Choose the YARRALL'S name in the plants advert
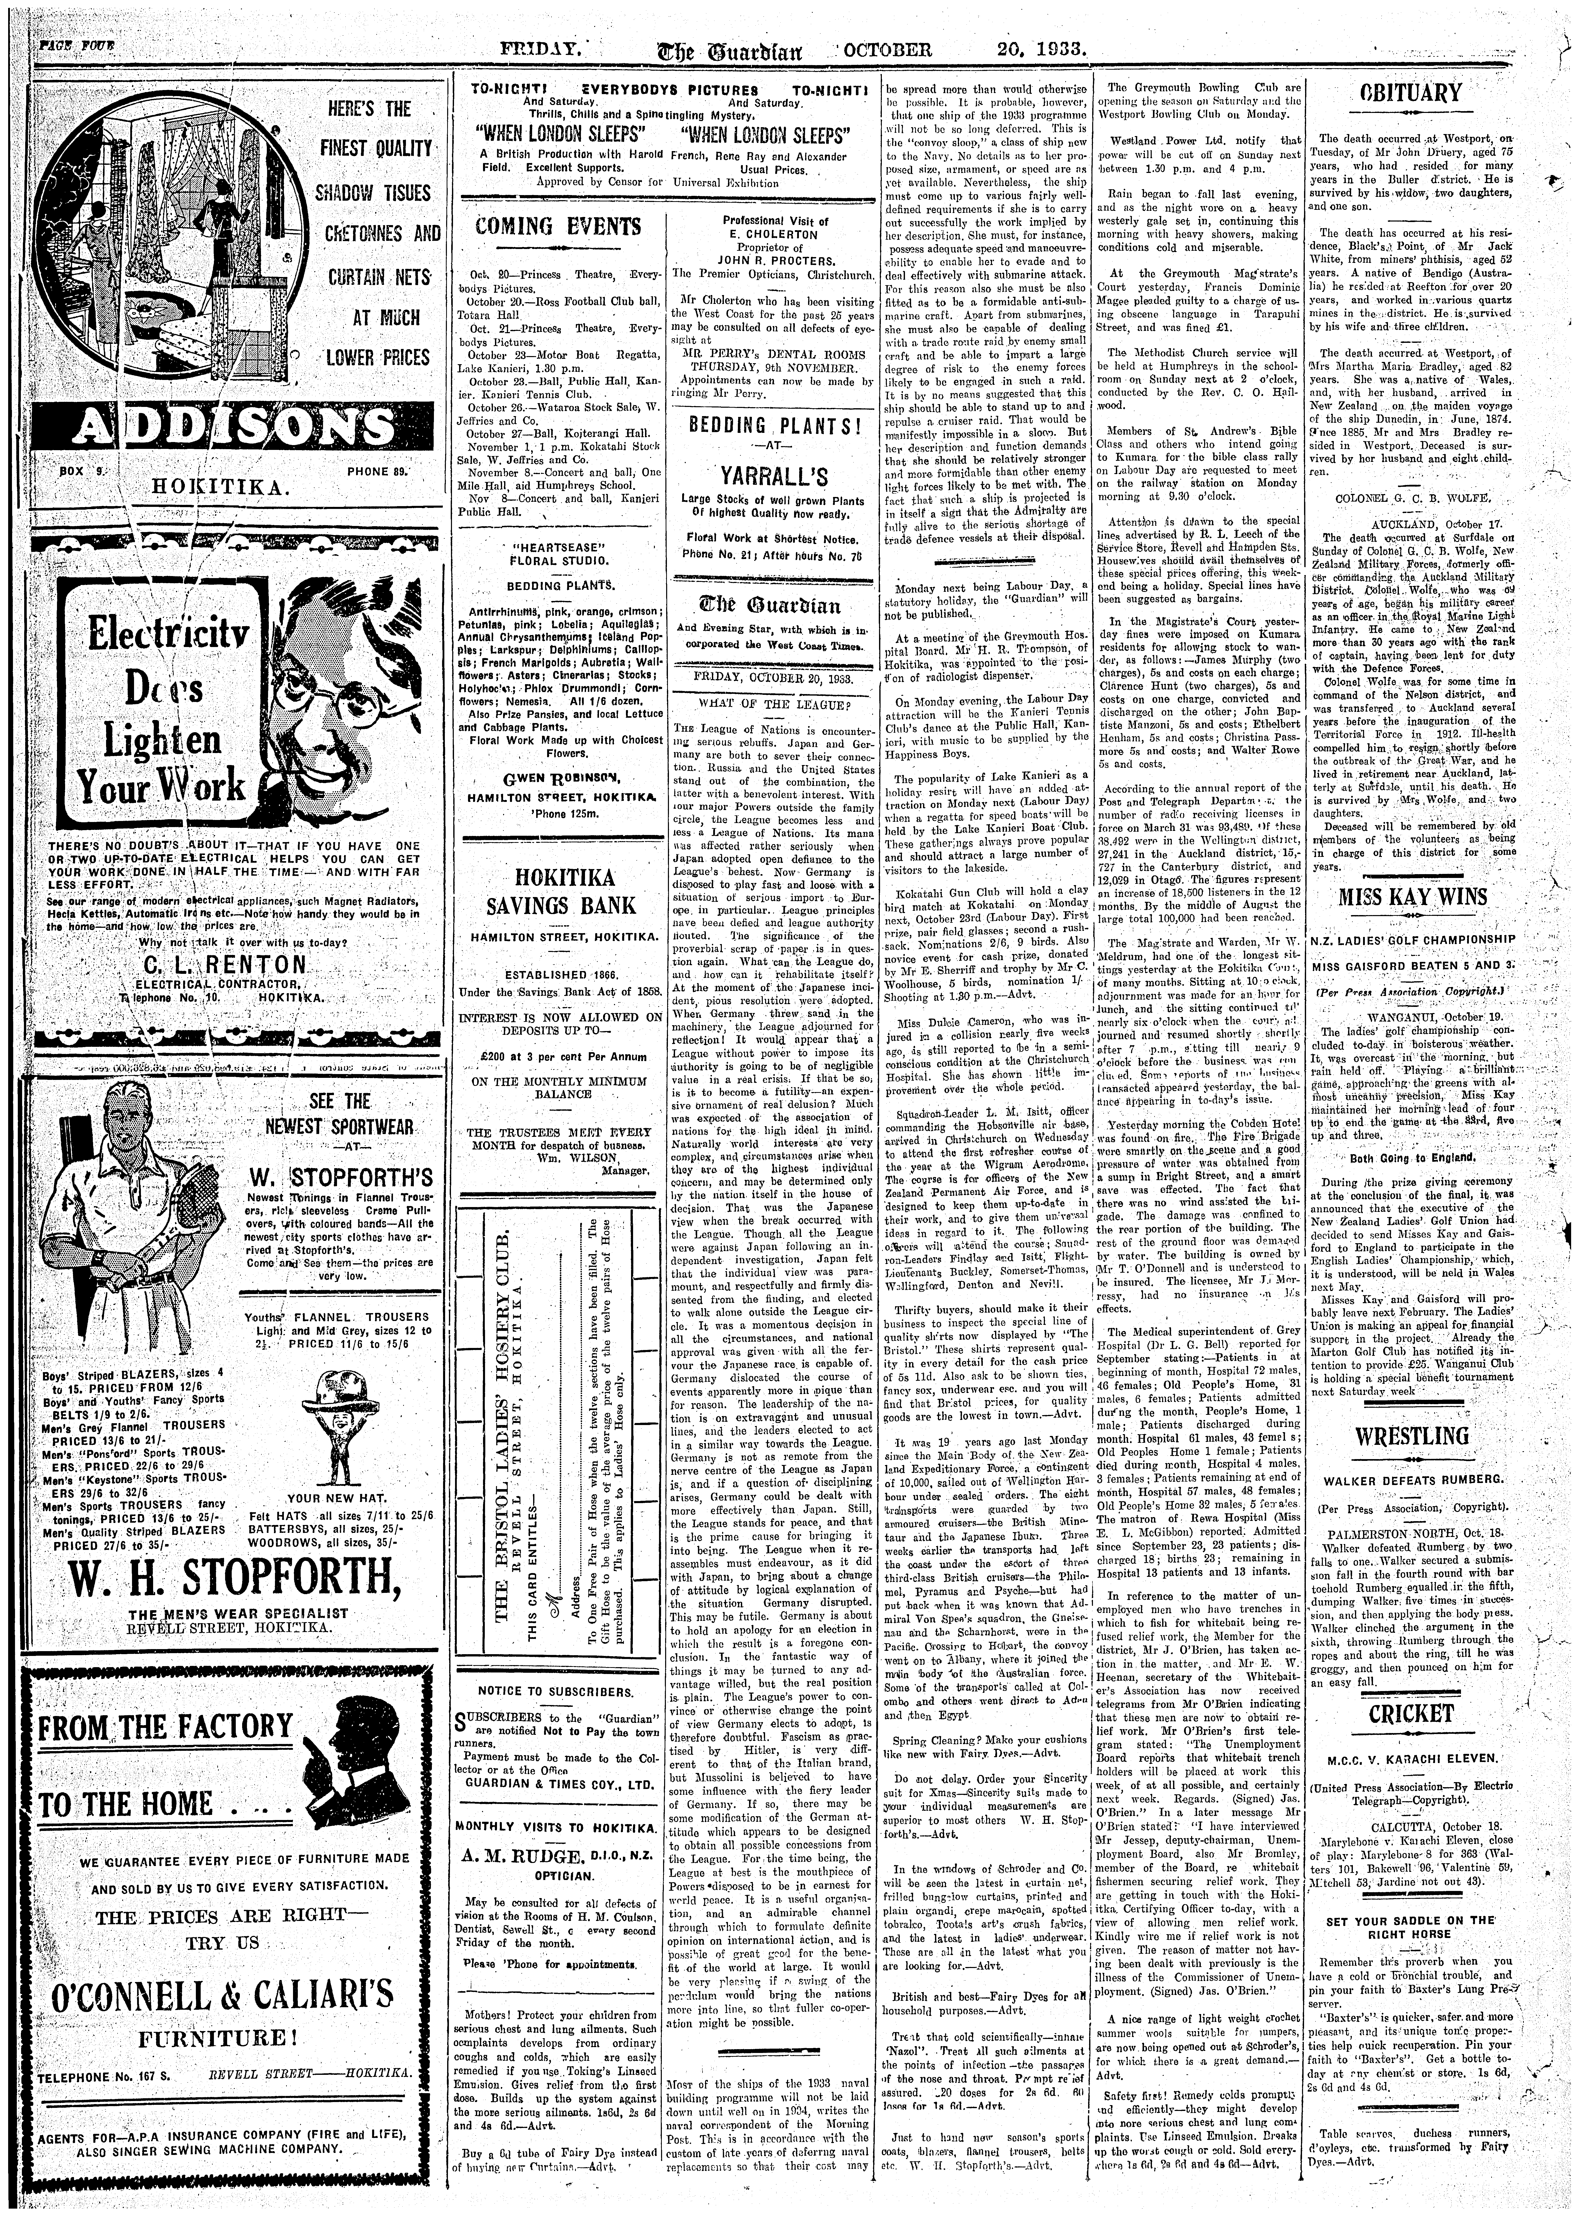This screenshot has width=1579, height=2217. pyautogui.click(x=769, y=474)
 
